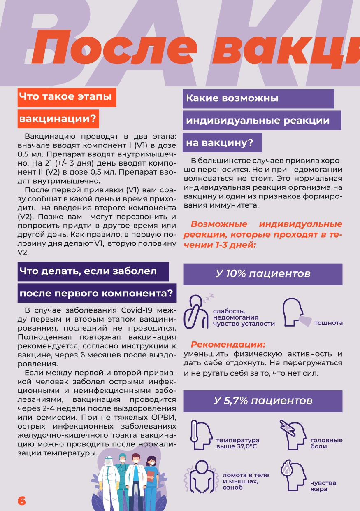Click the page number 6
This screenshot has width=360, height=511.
click(x=21, y=500)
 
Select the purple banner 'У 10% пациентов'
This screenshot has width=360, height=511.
click(x=263, y=274)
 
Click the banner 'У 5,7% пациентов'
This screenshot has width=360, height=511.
click(x=263, y=401)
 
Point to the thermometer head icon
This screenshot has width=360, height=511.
click(x=201, y=436)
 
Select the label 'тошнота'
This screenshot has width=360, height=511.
click(x=328, y=323)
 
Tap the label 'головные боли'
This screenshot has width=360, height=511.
click(x=326, y=443)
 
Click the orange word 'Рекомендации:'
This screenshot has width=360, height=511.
click(x=228, y=344)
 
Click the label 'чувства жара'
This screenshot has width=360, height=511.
click(x=323, y=486)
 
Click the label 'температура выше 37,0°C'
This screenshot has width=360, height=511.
click(x=238, y=443)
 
